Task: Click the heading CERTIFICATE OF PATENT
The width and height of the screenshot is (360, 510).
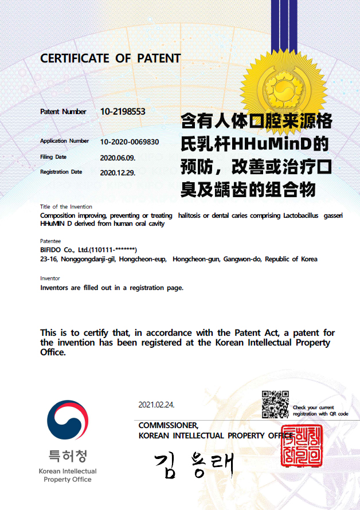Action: tap(110, 58)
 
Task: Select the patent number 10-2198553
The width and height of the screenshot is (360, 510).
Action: tap(123, 112)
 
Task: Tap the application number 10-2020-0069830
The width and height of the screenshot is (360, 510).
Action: tap(130, 142)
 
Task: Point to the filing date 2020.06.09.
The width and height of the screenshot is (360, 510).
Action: tap(118, 157)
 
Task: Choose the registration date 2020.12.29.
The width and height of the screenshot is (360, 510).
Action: tap(118, 172)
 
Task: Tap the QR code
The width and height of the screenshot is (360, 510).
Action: tap(275, 404)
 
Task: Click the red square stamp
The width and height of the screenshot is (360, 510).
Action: tap(302, 446)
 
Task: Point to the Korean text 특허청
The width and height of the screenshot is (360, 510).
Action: tap(68, 456)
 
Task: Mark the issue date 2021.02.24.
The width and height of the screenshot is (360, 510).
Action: tap(156, 405)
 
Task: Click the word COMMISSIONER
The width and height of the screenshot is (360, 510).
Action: tap(169, 425)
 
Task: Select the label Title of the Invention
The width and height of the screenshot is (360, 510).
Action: tap(66, 206)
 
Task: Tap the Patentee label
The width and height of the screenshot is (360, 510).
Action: tap(50, 241)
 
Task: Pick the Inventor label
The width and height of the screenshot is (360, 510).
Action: tap(50, 278)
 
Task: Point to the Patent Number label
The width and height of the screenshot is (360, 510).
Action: tap(63, 112)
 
